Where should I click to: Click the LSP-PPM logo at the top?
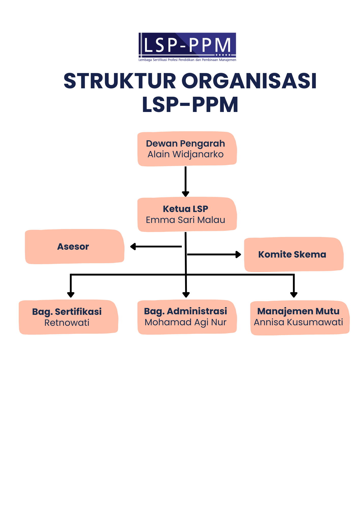click(x=187, y=47)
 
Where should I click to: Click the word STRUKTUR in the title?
click(x=120, y=81)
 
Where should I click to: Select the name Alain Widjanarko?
click(x=186, y=154)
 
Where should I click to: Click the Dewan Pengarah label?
click(x=186, y=144)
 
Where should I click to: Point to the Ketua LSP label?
click(x=186, y=209)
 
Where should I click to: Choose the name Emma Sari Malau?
click(x=186, y=220)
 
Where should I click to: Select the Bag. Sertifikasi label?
click(x=67, y=312)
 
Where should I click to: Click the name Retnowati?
click(x=67, y=323)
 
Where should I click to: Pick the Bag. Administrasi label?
click(x=186, y=311)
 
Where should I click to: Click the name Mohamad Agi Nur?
click(x=186, y=322)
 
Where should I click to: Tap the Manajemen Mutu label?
click(x=298, y=311)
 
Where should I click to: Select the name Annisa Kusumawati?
click(x=298, y=322)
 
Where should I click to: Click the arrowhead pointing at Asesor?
click(x=133, y=246)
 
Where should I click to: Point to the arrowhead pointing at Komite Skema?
click(x=238, y=254)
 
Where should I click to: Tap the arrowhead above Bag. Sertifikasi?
click(x=71, y=295)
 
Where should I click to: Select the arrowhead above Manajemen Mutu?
click(x=294, y=295)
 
